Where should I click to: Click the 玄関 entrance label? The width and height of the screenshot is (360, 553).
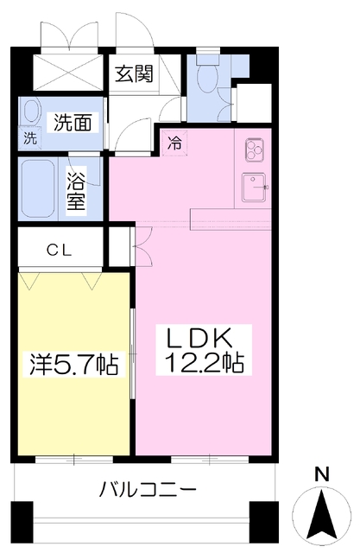pyautogui.click(x=134, y=73)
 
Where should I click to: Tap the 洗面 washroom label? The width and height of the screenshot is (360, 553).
pyautogui.click(x=73, y=123)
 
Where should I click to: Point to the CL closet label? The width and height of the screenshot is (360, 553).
pyautogui.click(x=60, y=250)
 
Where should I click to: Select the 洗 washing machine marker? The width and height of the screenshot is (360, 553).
pyautogui.click(x=30, y=138)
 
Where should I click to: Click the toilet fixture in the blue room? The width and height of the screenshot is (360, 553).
pyautogui.click(x=208, y=80)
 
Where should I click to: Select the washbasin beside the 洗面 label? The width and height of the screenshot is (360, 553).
pyautogui.click(x=31, y=111)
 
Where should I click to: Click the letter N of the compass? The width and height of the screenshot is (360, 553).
pyautogui.click(x=321, y=474)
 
